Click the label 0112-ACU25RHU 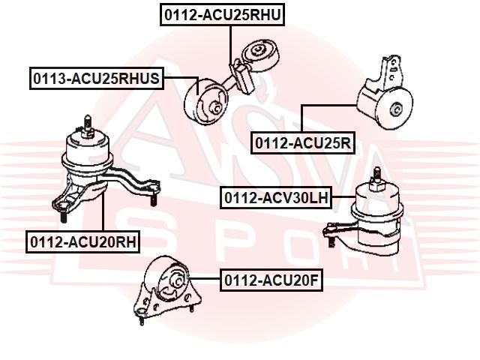pyautogui.click(x=222, y=15)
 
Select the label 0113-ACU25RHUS pyautogui.click(x=97, y=78)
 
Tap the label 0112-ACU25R pyautogui.click(x=303, y=142)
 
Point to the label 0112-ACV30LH pyautogui.click(x=276, y=198)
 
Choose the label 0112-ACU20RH pyautogui.click(x=83, y=241)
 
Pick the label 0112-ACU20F pyautogui.click(x=271, y=280)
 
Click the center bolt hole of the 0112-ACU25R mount pyautogui.click(x=395, y=109)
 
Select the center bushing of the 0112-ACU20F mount pyautogui.click(x=177, y=280)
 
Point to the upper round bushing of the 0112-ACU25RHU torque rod pyautogui.click(x=260, y=56)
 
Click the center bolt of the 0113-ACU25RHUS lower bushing pyautogui.click(x=215, y=108)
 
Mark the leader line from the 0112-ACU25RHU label pyautogui.click(x=230, y=46)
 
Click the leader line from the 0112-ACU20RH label pyautogui.click(x=103, y=211)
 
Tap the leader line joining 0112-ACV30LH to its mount pyautogui.click(x=343, y=196)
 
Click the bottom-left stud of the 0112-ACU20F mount pyautogui.click(x=142, y=319)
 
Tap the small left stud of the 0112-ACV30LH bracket pyautogui.click(x=331, y=241)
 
